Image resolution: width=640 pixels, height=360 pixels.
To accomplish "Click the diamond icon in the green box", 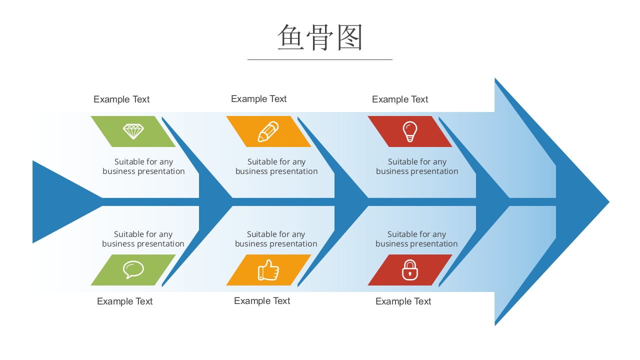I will click(133, 131).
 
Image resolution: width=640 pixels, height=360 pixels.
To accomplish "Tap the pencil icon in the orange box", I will click(268, 131).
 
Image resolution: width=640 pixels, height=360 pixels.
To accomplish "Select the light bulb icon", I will click(410, 131).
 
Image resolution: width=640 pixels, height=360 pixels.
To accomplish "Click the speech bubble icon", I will click(133, 270).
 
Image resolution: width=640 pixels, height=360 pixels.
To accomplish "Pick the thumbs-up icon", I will click(268, 270).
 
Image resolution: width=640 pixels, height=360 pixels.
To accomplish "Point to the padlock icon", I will click(410, 270).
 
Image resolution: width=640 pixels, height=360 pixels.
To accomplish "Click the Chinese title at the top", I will click(320, 37).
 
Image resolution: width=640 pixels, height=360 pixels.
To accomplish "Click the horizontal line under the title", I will click(320, 59).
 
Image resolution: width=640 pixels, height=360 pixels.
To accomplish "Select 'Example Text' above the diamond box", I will click(121, 99).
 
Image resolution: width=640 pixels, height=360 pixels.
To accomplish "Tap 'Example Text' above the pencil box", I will click(259, 99).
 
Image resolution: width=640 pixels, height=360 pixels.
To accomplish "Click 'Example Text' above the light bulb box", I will click(400, 99).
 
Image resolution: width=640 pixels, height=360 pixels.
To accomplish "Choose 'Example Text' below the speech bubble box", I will click(125, 301).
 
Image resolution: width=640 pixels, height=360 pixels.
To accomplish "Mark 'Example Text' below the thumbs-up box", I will click(262, 301).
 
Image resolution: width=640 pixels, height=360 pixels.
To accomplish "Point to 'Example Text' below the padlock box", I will click(403, 301).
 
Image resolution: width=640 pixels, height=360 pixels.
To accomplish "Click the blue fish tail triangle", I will click(55, 202).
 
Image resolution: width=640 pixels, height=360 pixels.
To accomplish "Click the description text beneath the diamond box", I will click(144, 166).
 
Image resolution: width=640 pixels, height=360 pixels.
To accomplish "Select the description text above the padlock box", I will click(416, 239).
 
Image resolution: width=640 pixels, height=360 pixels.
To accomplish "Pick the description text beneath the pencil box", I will click(276, 166).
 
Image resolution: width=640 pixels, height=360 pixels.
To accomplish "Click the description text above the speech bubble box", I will click(143, 239).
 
